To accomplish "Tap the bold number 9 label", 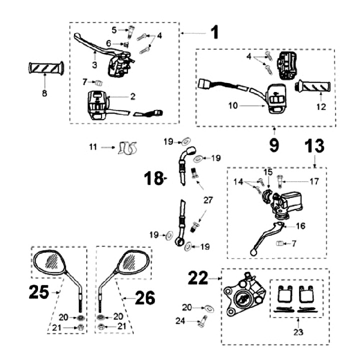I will click(x=274, y=145).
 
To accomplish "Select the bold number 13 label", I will click(x=314, y=146).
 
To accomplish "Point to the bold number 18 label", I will click(x=154, y=177).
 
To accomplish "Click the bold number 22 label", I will click(x=199, y=278).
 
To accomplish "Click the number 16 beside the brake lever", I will click(x=300, y=226).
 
